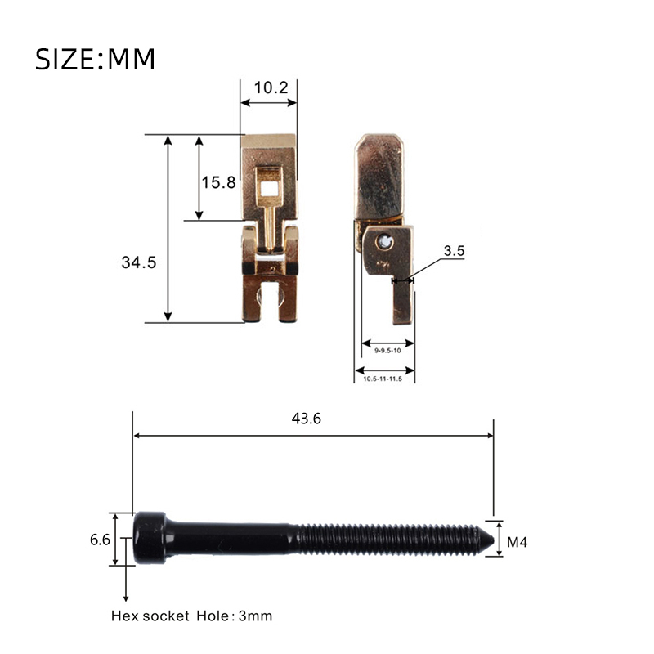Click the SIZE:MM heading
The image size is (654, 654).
point(95,59)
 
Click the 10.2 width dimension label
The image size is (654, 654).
point(271,87)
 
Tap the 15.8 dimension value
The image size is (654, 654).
point(218,182)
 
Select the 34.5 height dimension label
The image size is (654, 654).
point(138,262)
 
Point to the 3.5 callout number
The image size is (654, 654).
point(454,251)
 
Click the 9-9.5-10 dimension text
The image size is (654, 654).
point(387,351)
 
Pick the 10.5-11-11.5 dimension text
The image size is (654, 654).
point(383,379)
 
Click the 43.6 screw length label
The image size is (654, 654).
point(306,419)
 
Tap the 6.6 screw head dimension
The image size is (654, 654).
point(100,540)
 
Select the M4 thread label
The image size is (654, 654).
point(517,542)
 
